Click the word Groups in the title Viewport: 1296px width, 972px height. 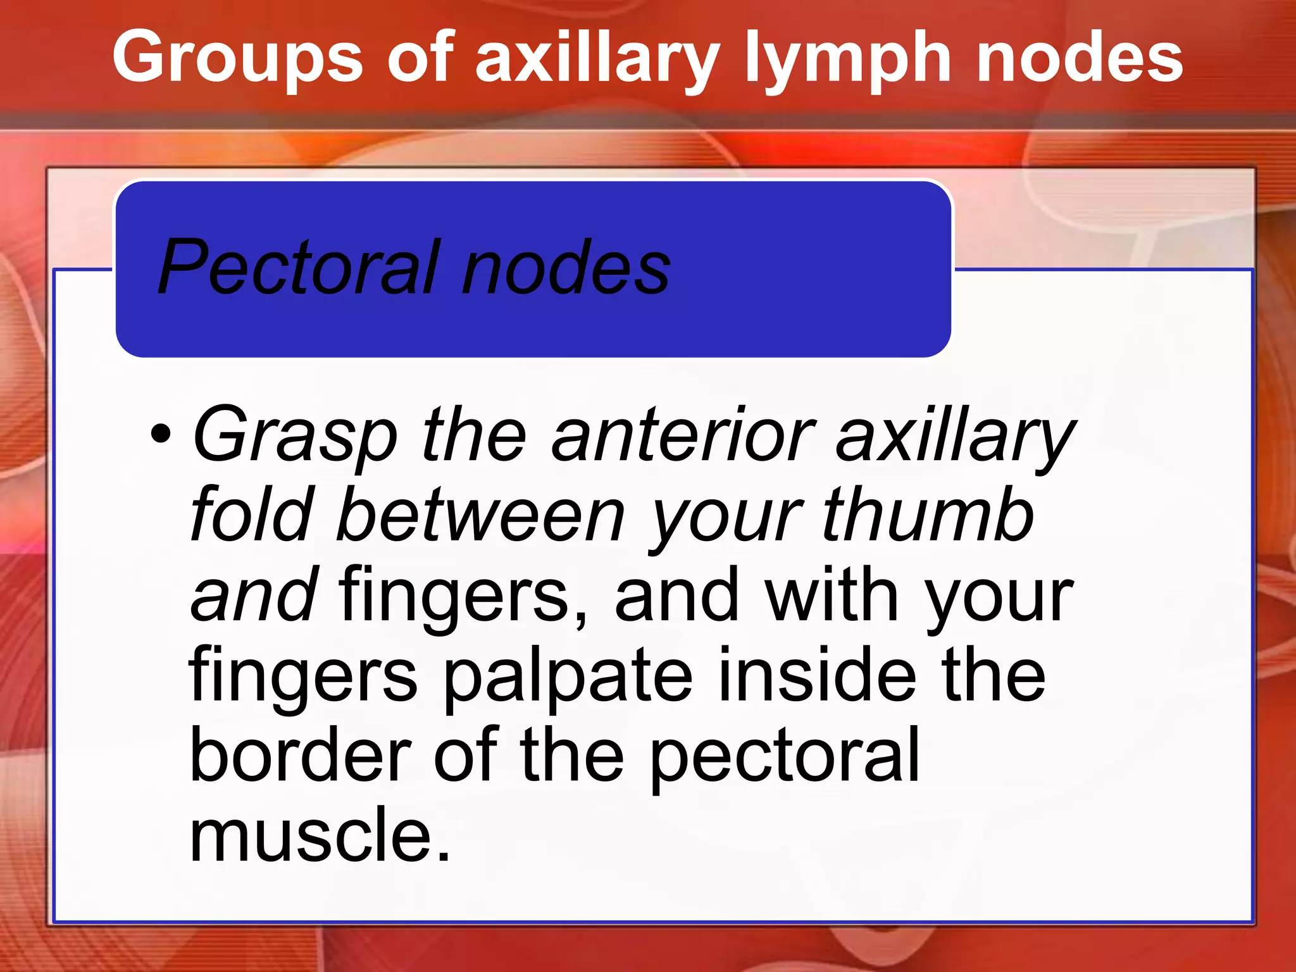[237, 59]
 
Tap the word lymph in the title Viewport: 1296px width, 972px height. [847, 59]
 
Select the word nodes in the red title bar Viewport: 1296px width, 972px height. [1080, 59]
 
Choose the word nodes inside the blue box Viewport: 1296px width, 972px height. [566, 268]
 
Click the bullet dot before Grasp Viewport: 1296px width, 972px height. [161, 434]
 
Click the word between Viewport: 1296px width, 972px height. [481, 515]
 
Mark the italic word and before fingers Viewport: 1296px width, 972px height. [253, 595]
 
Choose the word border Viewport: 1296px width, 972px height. [300, 754]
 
